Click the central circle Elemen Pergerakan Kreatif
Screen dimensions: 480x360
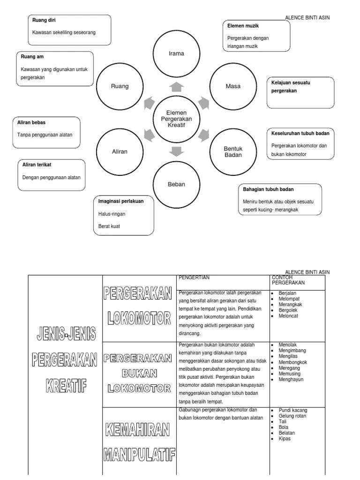point(176,119)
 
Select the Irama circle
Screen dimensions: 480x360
point(176,53)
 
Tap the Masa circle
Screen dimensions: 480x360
point(233,86)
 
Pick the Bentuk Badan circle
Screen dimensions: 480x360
point(233,152)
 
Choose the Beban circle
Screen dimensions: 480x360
point(176,184)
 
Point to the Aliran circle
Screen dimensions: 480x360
point(120,152)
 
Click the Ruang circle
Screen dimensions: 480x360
point(120,86)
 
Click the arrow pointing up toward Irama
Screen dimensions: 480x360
point(176,86)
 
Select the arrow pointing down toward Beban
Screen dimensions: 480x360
point(176,151)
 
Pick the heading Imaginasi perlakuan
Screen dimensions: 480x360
point(120,201)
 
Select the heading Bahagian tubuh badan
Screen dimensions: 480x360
point(268,189)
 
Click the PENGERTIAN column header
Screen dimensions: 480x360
point(194,277)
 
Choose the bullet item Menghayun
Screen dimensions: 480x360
point(291,380)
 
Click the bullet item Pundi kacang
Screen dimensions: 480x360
point(293,410)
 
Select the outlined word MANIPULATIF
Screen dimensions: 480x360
point(139,454)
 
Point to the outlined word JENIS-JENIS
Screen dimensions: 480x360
point(66,335)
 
